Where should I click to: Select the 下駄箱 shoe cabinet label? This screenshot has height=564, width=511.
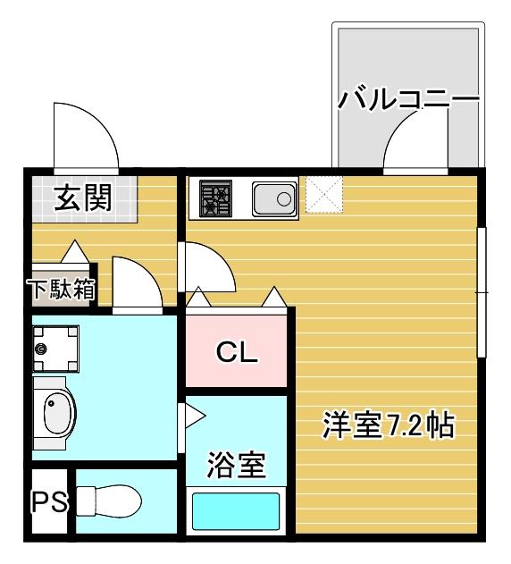(x=61, y=290)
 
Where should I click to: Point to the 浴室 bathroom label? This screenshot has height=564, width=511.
(x=237, y=464)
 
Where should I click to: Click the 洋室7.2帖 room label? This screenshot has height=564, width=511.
(x=389, y=425)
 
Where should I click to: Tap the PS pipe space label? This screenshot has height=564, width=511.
(x=51, y=501)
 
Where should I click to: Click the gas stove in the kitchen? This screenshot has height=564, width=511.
(x=215, y=198)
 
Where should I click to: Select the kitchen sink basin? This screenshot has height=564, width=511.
(x=274, y=198)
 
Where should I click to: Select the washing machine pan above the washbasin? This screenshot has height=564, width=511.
(x=56, y=348)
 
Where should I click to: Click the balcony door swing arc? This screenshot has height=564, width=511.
(x=415, y=142)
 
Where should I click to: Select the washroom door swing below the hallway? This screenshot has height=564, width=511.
(x=136, y=282)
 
